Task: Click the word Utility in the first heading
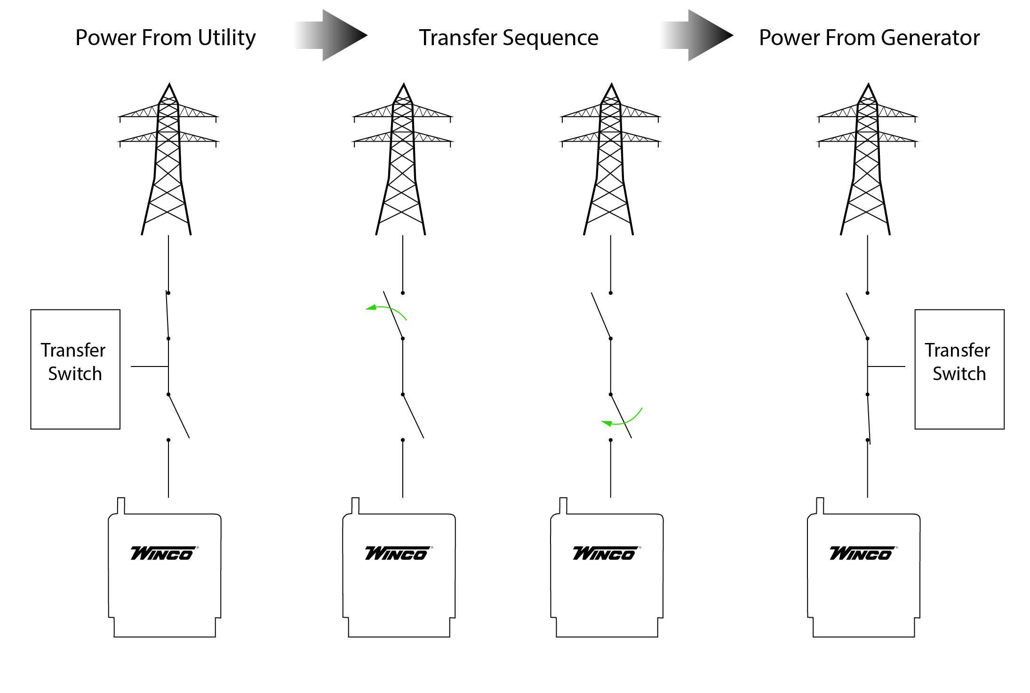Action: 226,38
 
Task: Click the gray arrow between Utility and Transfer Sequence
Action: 334,35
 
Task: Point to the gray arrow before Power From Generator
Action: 700,35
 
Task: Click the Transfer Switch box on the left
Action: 75,369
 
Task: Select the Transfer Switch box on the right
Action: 959,369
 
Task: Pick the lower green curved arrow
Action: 623,420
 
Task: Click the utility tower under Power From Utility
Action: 168,160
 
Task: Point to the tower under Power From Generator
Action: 867,160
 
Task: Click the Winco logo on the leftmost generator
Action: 163,553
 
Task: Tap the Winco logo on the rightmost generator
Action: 862,553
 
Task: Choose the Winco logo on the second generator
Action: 398,553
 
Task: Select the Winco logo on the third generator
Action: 606,553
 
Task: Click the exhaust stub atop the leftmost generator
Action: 121,506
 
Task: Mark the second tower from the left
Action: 402,160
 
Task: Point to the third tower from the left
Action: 610,160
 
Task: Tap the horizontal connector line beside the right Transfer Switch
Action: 886,366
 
